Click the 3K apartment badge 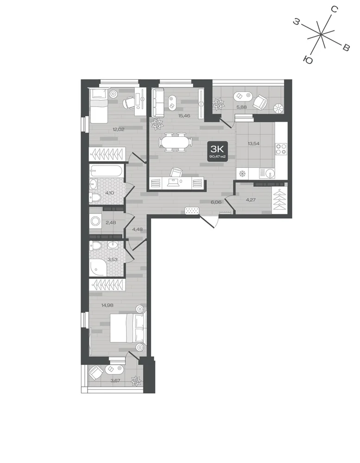218,151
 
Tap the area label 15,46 184,116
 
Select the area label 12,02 118,129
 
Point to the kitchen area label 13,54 254,144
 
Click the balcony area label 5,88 242,107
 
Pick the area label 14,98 107,305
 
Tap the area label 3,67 115,381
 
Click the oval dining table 175,142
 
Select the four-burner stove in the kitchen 281,149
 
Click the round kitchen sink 270,173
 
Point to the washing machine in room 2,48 96,221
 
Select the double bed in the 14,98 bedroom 128,328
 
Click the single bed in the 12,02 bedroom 99,106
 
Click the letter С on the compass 334,9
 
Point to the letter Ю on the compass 308,60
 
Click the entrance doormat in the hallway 192,211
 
